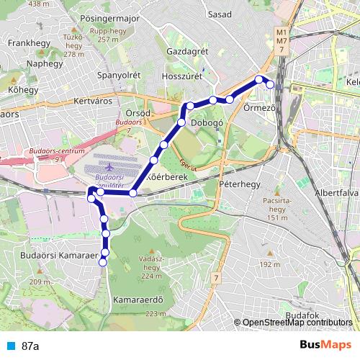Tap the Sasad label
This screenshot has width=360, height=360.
(220, 14)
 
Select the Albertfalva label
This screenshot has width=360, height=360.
(336, 193)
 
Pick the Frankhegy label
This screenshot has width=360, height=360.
(27, 43)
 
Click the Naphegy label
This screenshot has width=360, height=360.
(25, 63)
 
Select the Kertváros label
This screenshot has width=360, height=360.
(93, 101)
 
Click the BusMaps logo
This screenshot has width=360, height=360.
(320, 346)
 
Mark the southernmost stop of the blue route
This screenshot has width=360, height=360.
(102, 262)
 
